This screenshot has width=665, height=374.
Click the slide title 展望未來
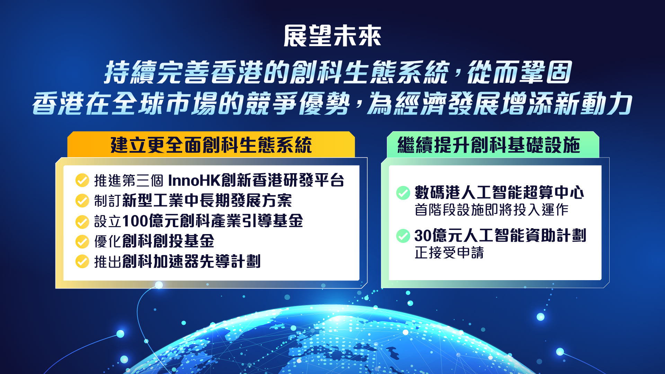coord(332,36)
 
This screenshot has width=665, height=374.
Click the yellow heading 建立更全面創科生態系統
coord(211,145)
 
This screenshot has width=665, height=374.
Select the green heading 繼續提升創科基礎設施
coord(489,145)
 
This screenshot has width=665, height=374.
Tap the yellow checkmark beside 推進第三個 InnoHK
coord(82,180)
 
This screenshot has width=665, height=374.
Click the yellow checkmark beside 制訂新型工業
coord(82,201)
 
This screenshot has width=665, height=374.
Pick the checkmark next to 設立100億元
coord(82,222)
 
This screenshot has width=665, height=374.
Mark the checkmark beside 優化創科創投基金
coord(82,241)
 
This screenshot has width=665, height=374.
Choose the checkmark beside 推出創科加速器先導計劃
coord(82,261)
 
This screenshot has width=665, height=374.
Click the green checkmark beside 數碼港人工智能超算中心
coord(403,193)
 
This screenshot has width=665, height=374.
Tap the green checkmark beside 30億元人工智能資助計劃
coord(403,236)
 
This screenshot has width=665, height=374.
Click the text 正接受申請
coord(449,252)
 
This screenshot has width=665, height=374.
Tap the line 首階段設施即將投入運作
coord(491,210)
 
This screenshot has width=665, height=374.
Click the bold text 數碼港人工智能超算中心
coord(499,193)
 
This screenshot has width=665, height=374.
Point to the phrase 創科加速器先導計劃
coord(191,261)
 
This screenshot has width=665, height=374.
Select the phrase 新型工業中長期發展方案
coord(207,201)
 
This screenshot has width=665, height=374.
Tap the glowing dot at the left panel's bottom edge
coord(159,285)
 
